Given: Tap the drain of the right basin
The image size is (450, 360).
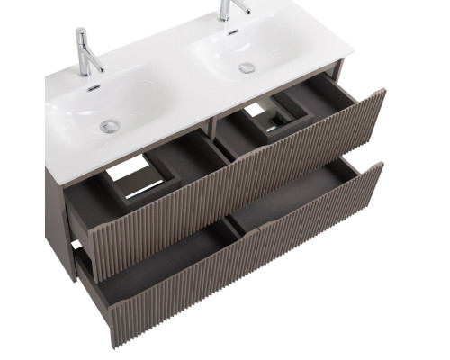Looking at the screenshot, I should pyautogui.click(x=246, y=67).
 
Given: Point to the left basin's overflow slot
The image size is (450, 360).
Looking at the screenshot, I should pyautogui.click(x=94, y=88).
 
